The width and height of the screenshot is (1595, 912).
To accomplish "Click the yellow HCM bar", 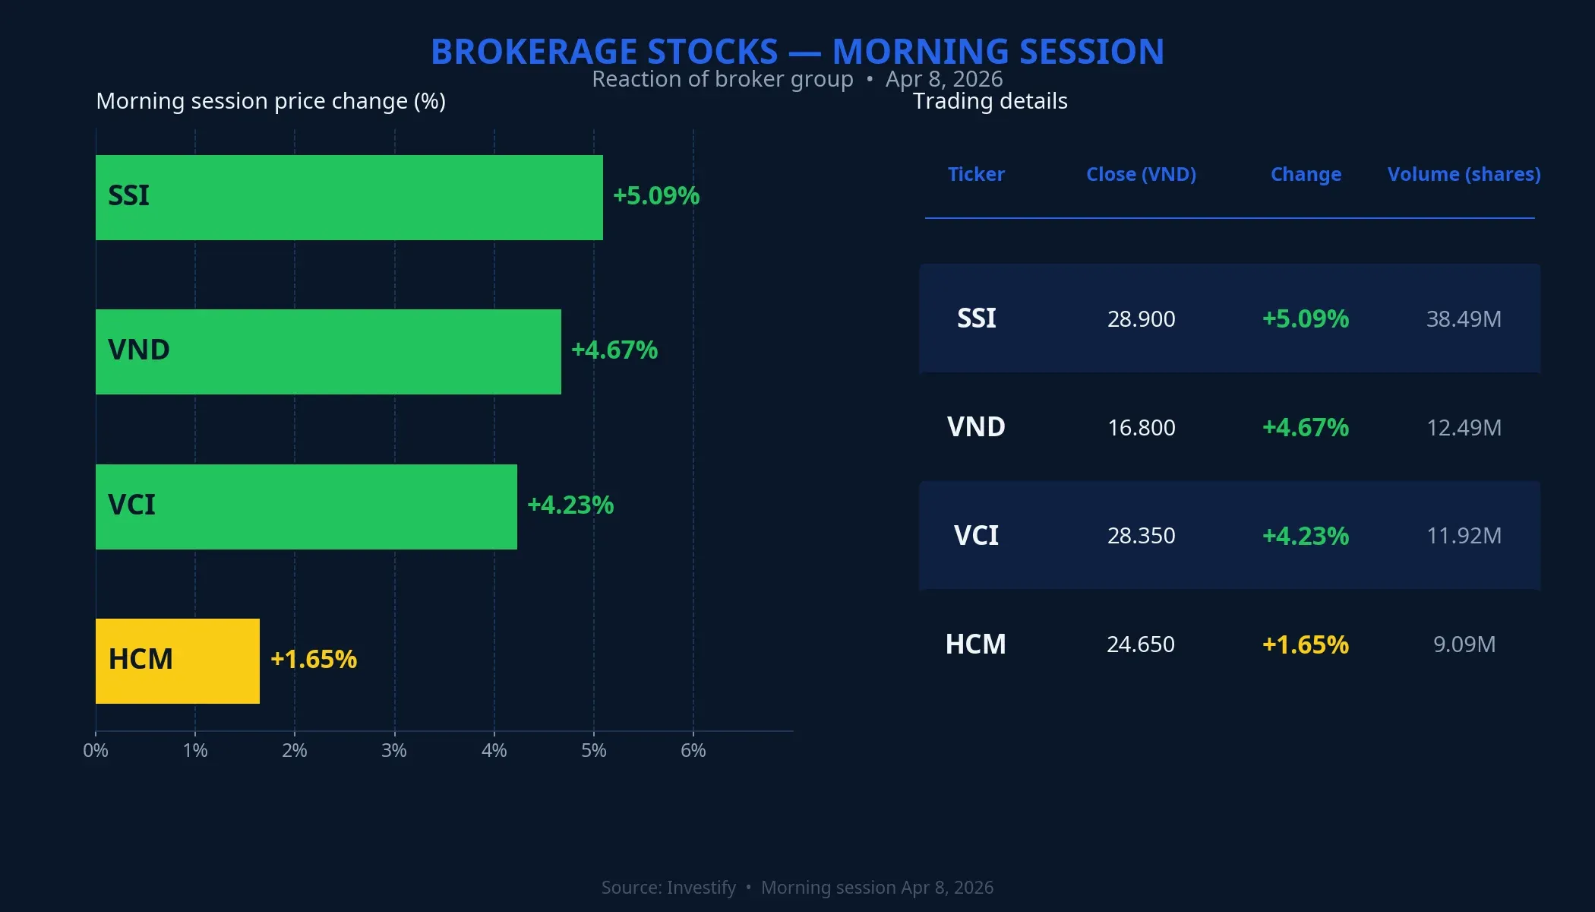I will (x=178, y=660).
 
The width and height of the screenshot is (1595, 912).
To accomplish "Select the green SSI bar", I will (x=349, y=198).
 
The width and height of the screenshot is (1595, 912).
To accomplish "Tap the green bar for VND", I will (x=328, y=351).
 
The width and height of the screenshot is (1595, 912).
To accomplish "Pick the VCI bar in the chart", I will (x=306, y=506).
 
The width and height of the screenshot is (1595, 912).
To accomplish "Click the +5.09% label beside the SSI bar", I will (x=656, y=196).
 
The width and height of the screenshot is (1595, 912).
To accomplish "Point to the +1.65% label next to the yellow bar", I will (x=314, y=659).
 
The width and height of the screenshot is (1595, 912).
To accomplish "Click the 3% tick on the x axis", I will (x=394, y=751).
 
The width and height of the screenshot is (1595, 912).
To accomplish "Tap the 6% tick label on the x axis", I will (x=693, y=751).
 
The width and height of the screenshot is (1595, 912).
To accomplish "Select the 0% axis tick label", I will (x=96, y=751).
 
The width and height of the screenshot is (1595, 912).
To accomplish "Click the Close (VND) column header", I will (x=1141, y=174).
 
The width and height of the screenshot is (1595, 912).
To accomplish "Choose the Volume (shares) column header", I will (x=1464, y=174).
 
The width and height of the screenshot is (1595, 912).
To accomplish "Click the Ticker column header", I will (x=976, y=174).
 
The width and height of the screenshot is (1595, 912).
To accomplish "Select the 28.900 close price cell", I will (x=1141, y=318).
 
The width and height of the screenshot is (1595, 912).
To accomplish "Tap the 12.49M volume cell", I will (x=1464, y=427).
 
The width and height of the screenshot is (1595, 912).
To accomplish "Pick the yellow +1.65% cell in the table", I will (x=1305, y=644).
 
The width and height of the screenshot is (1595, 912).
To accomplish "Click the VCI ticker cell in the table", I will (x=976, y=536).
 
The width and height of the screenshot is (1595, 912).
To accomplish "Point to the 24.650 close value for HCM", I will (x=1141, y=644).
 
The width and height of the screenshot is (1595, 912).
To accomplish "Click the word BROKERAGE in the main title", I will (x=605, y=52).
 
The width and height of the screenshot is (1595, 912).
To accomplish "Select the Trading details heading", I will (x=990, y=101).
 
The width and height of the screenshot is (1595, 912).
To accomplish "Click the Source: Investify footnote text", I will (x=668, y=887).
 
